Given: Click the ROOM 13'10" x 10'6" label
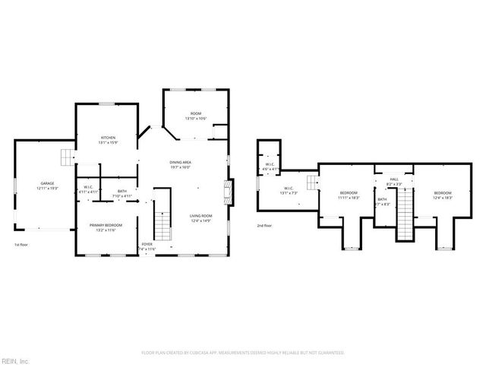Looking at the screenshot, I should point(196,116).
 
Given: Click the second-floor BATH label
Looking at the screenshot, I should point(382,202).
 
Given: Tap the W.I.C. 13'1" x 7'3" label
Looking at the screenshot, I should point(289,190).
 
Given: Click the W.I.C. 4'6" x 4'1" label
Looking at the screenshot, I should point(270,167).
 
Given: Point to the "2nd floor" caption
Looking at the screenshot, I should point(265,226).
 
